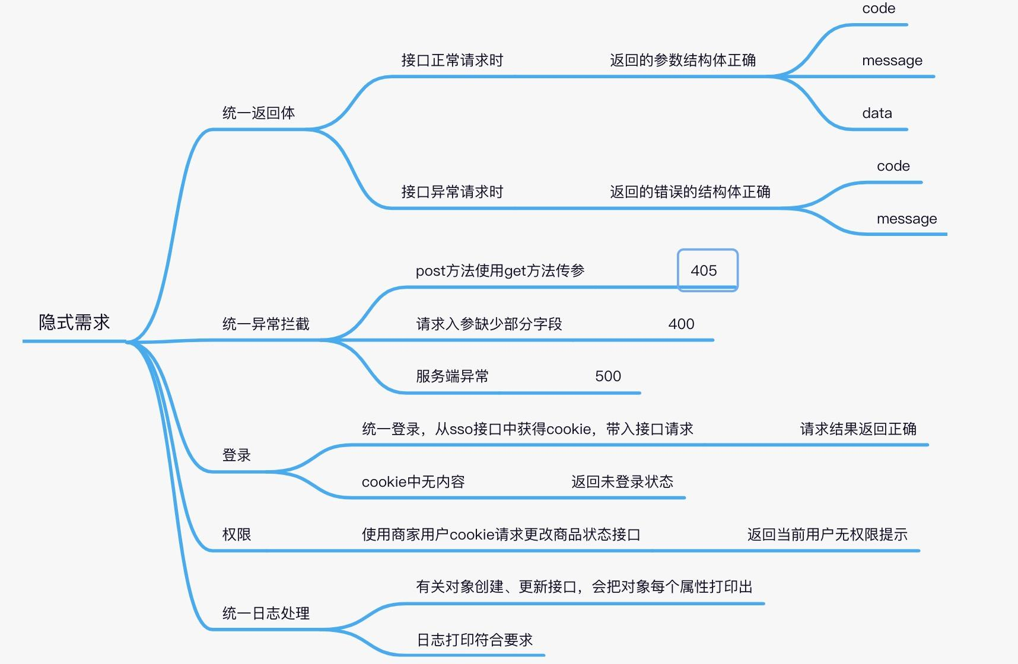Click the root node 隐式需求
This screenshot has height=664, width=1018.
(x=74, y=323)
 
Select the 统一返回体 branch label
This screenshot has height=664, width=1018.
(x=258, y=113)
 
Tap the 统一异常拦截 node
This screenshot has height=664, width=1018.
(x=265, y=324)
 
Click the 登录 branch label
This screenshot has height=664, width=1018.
(x=236, y=455)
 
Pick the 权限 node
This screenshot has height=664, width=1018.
(x=236, y=535)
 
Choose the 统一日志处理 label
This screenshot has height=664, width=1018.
(x=265, y=613)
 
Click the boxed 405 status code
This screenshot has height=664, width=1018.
(x=704, y=271)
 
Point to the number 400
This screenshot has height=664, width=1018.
(x=681, y=324)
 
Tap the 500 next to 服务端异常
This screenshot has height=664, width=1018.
(x=607, y=376)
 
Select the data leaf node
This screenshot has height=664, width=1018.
(x=877, y=113)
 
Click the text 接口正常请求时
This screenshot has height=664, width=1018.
(x=451, y=60)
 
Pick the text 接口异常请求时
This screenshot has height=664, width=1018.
(x=451, y=192)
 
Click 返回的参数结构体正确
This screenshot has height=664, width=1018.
(x=682, y=60)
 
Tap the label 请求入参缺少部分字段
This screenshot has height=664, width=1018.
(x=488, y=324)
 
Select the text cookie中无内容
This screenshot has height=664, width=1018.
(x=413, y=482)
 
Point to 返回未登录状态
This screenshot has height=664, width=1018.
(x=622, y=482)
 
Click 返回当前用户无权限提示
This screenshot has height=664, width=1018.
(x=827, y=535)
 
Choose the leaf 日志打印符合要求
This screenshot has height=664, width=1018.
(x=475, y=640)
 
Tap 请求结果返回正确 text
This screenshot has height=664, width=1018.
(x=858, y=429)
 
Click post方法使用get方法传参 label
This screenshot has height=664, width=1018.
(x=500, y=271)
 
